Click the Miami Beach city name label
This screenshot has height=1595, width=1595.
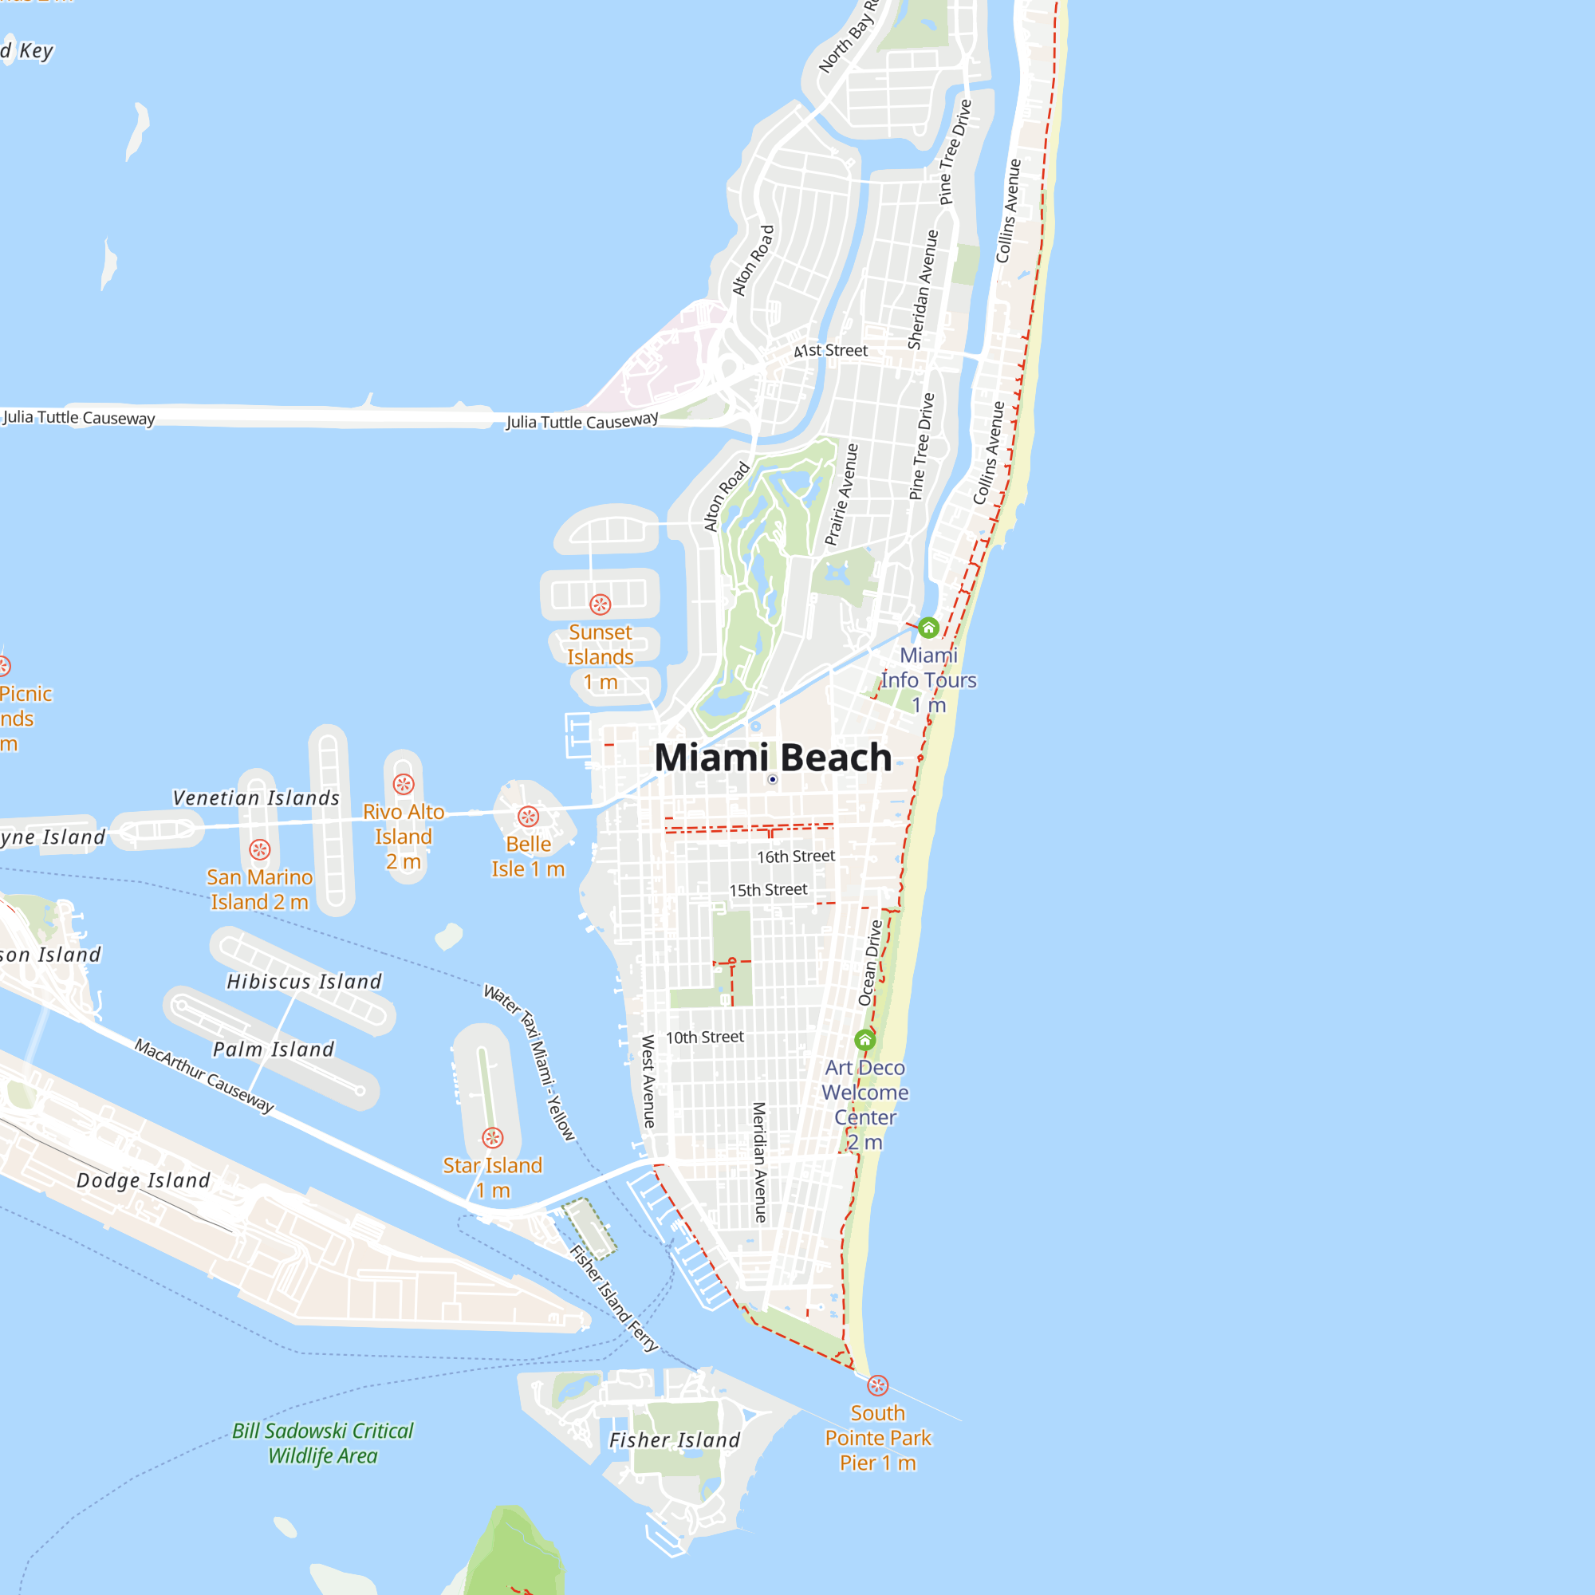[x=773, y=757]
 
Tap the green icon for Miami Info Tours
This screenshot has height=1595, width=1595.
[x=928, y=628]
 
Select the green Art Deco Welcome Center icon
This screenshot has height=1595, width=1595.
[x=864, y=1039]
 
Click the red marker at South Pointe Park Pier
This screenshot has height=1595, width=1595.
[x=877, y=1385]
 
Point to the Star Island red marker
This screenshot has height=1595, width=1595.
[x=493, y=1139]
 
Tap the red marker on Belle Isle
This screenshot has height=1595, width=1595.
[x=529, y=817]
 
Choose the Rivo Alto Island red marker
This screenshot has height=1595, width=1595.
[x=404, y=784]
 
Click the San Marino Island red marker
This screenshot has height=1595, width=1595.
[x=260, y=849]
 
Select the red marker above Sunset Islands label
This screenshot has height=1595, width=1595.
[x=601, y=605]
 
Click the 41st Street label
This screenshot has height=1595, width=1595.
[x=830, y=351]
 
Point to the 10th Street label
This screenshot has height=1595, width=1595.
[x=705, y=1038]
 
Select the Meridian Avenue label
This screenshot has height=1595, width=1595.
[x=759, y=1163]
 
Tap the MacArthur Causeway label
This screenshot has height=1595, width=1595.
[x=205, y=1076]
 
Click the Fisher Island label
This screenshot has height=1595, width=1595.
[x=675, y=1440]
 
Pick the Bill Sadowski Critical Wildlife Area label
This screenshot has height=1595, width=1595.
[x=323, y=1444]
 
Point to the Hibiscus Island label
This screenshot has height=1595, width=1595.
[x=304, y=982]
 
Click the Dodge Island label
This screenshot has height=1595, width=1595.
[x=144, y=1180]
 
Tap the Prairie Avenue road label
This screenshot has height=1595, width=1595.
[x=842, y=495]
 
